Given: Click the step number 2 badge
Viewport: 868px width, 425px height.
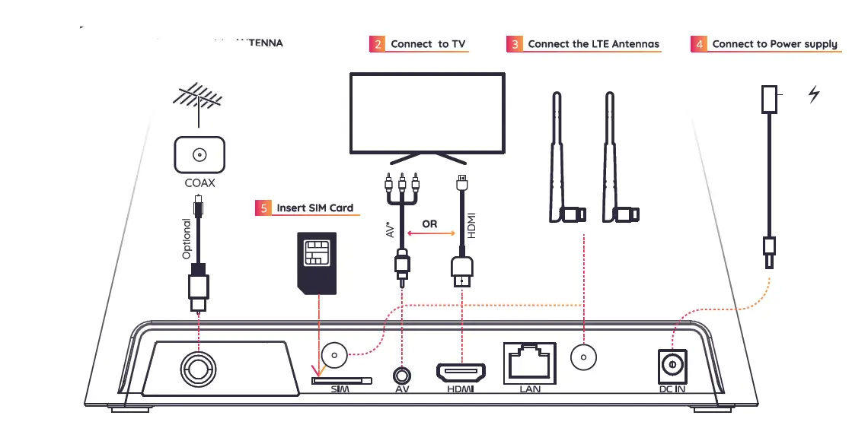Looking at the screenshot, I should point(378,44).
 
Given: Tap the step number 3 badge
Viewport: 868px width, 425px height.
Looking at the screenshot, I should point(515,44).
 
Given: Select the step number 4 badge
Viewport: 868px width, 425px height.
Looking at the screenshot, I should point(699,44).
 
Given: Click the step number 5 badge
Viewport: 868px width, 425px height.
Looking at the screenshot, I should point(263,208).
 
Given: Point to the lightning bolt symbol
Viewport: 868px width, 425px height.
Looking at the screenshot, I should point(814,95).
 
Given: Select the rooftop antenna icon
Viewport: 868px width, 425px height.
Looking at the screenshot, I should point(198,103).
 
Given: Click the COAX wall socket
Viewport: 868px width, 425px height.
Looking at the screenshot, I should point(199,155).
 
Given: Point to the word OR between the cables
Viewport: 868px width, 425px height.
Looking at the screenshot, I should point(429,225).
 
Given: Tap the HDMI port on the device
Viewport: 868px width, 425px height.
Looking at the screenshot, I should point(461,373).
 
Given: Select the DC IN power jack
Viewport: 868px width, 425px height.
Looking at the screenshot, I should point(672,365).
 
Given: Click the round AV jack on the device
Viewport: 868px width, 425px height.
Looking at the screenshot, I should point(403,374).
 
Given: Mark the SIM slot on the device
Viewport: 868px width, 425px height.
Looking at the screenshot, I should point(342,379).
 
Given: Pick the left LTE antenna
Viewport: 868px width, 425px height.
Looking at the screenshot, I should point(562,160).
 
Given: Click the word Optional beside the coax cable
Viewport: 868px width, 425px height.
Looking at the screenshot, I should point(187,239).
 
